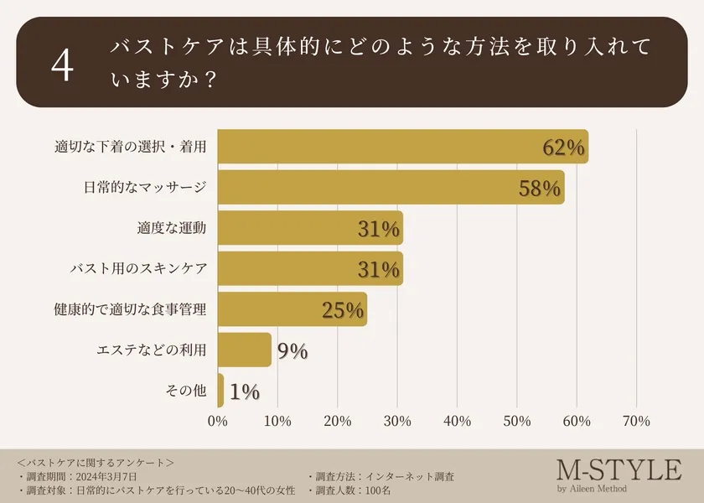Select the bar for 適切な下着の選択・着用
tap(402, 147)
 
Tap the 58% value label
tap(539, 188)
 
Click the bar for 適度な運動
tap(310, 228)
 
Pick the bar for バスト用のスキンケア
tap(310, 269)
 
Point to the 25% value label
tap(343, 310)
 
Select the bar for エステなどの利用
tap(245, 350)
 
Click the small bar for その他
tap(220, 391)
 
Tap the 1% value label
tap(244, 392)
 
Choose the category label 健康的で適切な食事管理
tap(129, 310)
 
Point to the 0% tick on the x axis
tap(218, 421)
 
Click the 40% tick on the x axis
tap(458, 421)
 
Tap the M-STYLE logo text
tap(619, 469)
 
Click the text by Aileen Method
tap(591, 489)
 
